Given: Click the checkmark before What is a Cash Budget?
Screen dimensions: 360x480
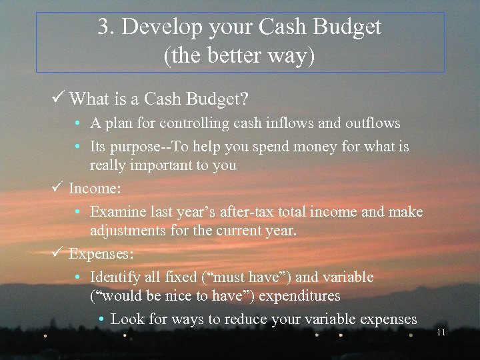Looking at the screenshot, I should tap(59, 99).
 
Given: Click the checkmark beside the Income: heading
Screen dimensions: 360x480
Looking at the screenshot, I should tap(59, 188).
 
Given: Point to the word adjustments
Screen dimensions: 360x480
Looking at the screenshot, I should tap(129, 231).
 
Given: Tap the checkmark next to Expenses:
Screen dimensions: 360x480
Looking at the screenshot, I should tap(59, 253).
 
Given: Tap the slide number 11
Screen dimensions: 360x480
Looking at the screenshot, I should tap(441, 332).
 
